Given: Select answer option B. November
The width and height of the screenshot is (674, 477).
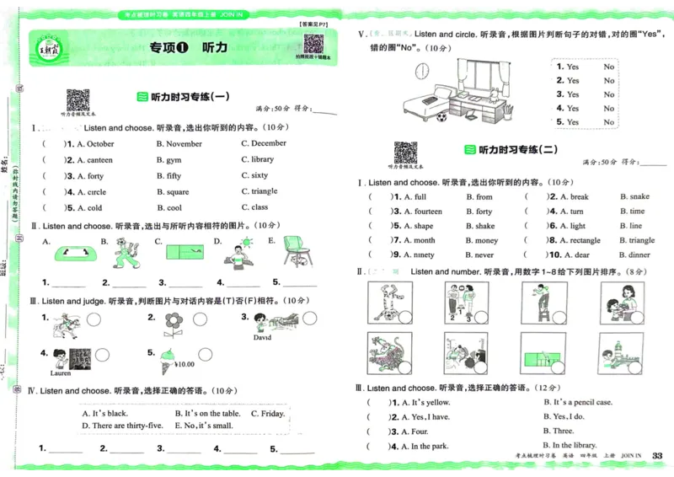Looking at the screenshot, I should [x=179, y=144].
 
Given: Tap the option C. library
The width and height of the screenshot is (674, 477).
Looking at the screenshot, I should [x=257, y=159].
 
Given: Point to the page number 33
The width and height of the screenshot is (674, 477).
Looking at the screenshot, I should [x=658, y=456].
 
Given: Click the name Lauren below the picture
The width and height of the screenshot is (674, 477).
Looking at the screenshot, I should [x=61, y=372].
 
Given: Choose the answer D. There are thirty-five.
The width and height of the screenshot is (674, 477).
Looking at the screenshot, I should [x=122, y=426].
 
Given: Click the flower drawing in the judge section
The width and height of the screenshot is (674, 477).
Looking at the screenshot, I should [x=174, y=321].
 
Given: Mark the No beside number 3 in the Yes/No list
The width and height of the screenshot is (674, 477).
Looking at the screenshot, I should [x=608, y=94].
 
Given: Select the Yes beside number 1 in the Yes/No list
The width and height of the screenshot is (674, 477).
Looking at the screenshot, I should [x=573, y=67].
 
